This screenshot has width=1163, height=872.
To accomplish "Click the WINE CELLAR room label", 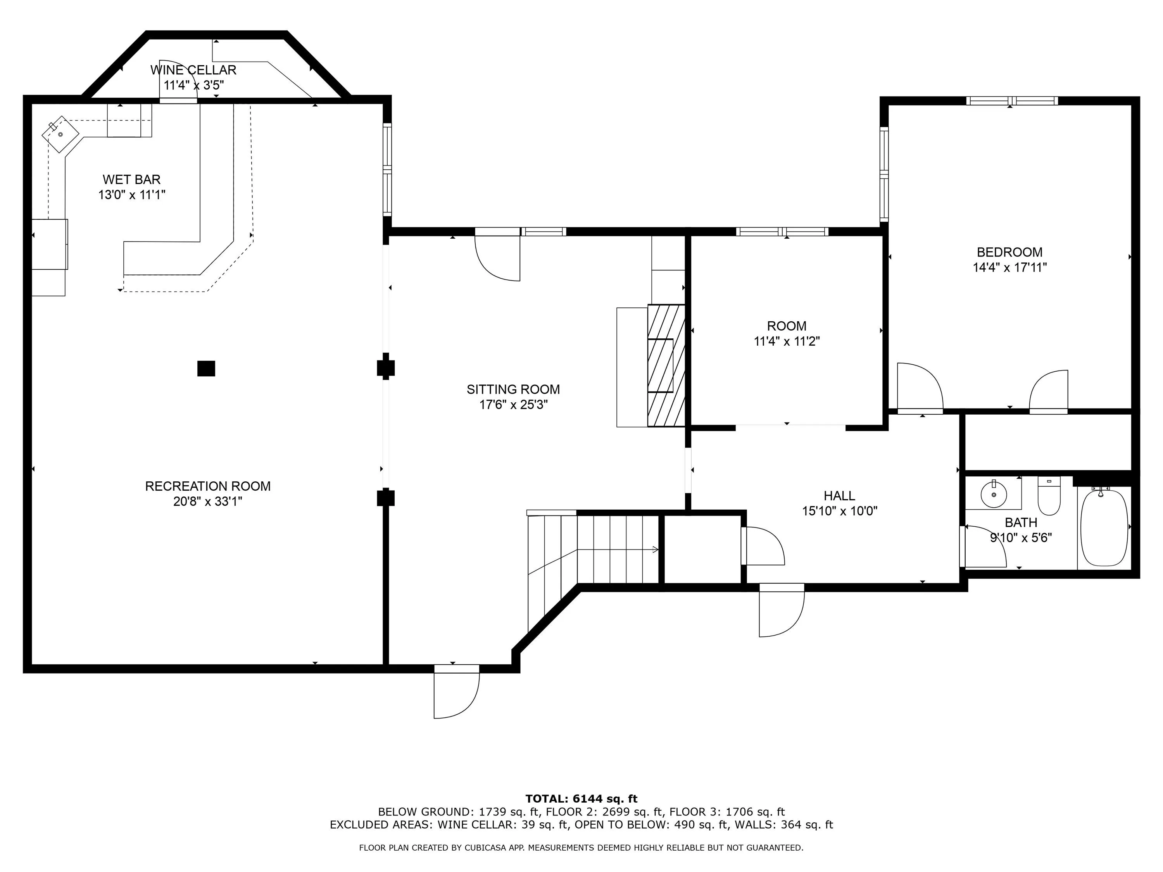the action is click(x=193, y=70).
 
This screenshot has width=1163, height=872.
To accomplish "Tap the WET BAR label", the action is click(x=131, y=180).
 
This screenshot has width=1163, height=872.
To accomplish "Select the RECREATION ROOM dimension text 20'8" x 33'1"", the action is click(x=208, y=501).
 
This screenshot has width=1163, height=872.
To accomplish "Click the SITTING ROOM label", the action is click(x=513, y=389).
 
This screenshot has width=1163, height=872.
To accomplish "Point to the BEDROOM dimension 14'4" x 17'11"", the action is click(x=1009, y=267).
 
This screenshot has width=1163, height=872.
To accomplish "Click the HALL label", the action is click(x=839, y=496).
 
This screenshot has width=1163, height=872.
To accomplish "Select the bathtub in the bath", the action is click(x=1104, y=527).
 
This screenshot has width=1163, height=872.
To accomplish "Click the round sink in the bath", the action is click(x=993, y=494).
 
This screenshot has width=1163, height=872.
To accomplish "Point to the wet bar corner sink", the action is click(x=60, y=134).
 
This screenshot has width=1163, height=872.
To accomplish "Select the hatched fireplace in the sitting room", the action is click(x=666, y=365).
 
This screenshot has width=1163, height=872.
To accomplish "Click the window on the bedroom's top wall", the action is click(x=1012, y=101).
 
